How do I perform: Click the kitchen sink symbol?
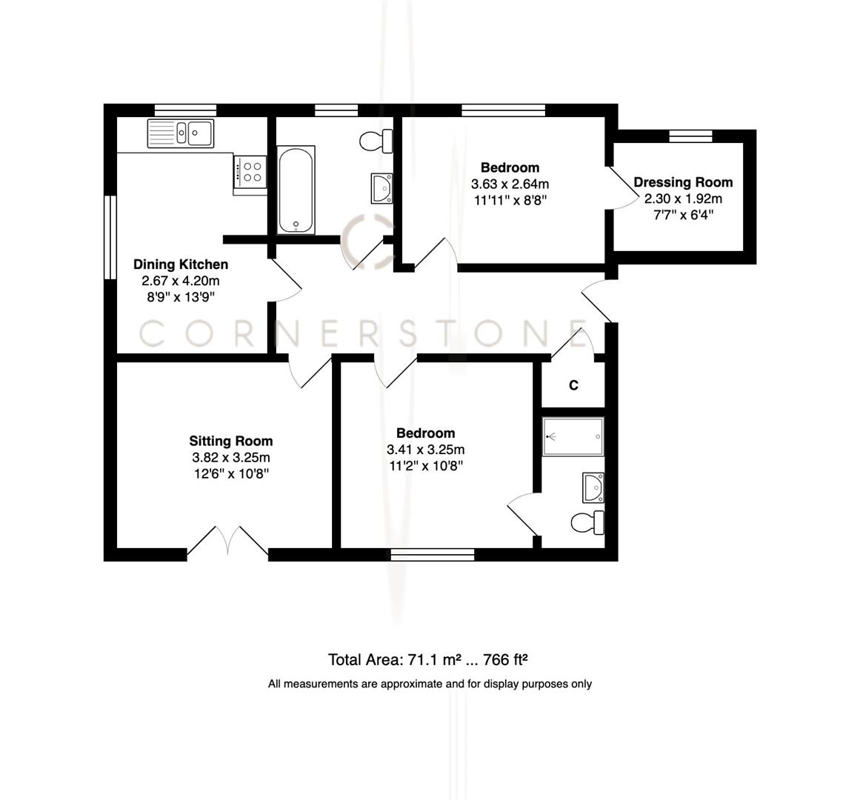[181, 133]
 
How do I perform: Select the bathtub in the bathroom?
[296, 190]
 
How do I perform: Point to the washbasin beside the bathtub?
[381, 187]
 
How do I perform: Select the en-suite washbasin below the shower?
[593, 488]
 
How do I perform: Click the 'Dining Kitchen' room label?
[181, 264]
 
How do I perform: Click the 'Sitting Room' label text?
[230, 441]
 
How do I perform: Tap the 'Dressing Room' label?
[683, 182]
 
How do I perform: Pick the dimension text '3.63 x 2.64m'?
[510, 184]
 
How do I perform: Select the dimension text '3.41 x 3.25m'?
[425, 450]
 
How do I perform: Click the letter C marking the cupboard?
[573, 385]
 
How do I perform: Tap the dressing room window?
[690, 136]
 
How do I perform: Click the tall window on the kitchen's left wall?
[110, 237]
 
